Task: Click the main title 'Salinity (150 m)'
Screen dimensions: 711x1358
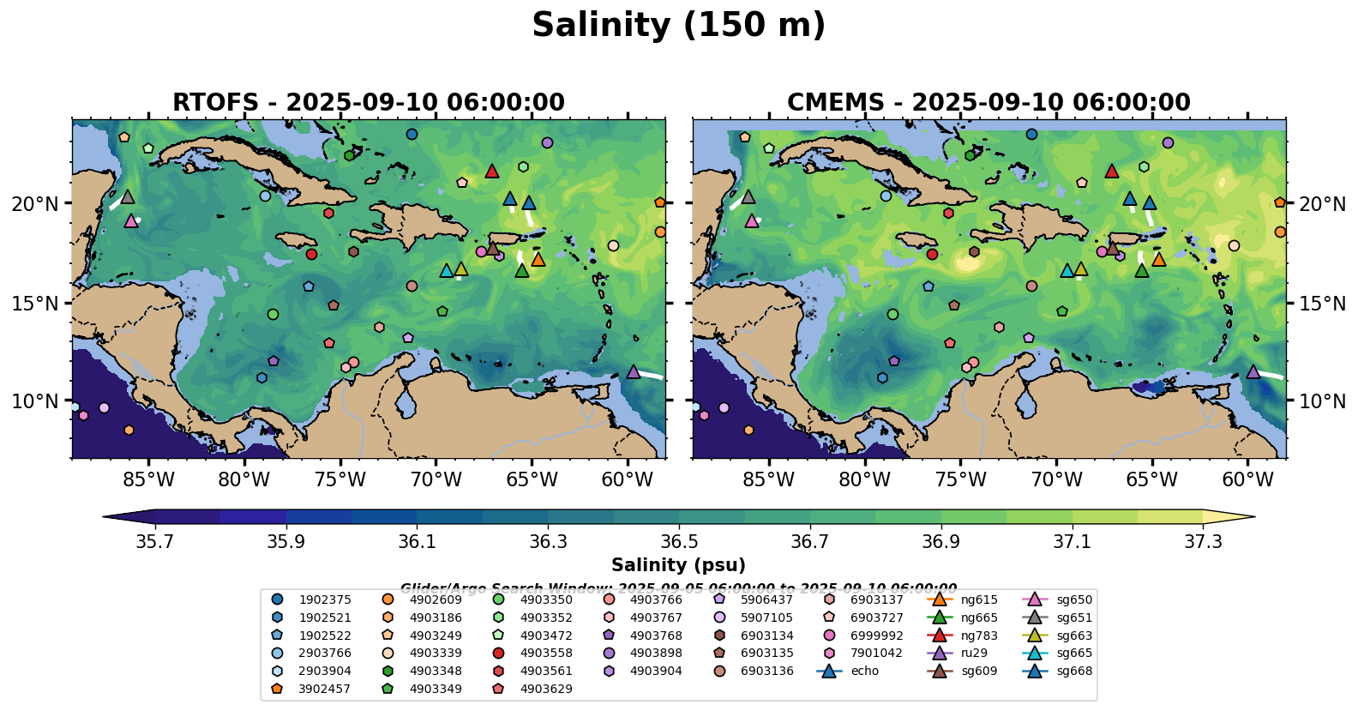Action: [678, 25]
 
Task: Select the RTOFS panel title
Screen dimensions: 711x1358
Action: [369, 102]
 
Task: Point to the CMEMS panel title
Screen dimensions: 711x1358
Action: [988, 102]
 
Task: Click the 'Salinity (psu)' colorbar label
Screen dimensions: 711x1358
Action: [678, 565]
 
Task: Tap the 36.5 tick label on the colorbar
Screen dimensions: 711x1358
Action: [679, 542]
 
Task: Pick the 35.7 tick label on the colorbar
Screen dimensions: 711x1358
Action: [155, 542]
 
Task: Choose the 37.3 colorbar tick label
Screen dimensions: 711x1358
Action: [1203, 542]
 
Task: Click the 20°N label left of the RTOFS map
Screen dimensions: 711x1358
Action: [35, 204]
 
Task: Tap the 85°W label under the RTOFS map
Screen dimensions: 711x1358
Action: [148, 479]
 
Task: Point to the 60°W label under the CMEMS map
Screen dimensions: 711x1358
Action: [1247, 479]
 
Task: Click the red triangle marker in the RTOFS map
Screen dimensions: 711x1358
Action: [492, 172]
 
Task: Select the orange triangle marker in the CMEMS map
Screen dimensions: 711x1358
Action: [1158, 259]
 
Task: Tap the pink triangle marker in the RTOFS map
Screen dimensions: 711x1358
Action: [131, 221]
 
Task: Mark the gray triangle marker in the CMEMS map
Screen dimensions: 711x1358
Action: [748, 197]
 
